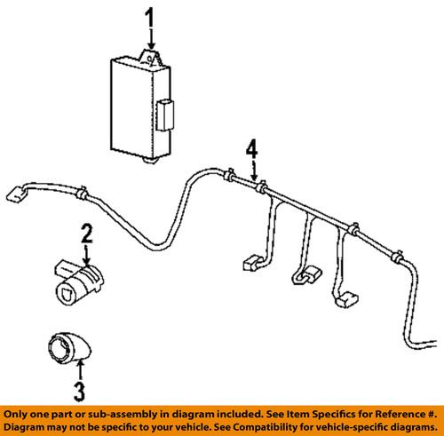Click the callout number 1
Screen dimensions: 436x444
pos(150,18)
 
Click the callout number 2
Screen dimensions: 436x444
pos(87,234)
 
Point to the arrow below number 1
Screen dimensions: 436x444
pos(151,40)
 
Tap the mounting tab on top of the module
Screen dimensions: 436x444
pos(152,59)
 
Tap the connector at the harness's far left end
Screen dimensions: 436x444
pos(17,192)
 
